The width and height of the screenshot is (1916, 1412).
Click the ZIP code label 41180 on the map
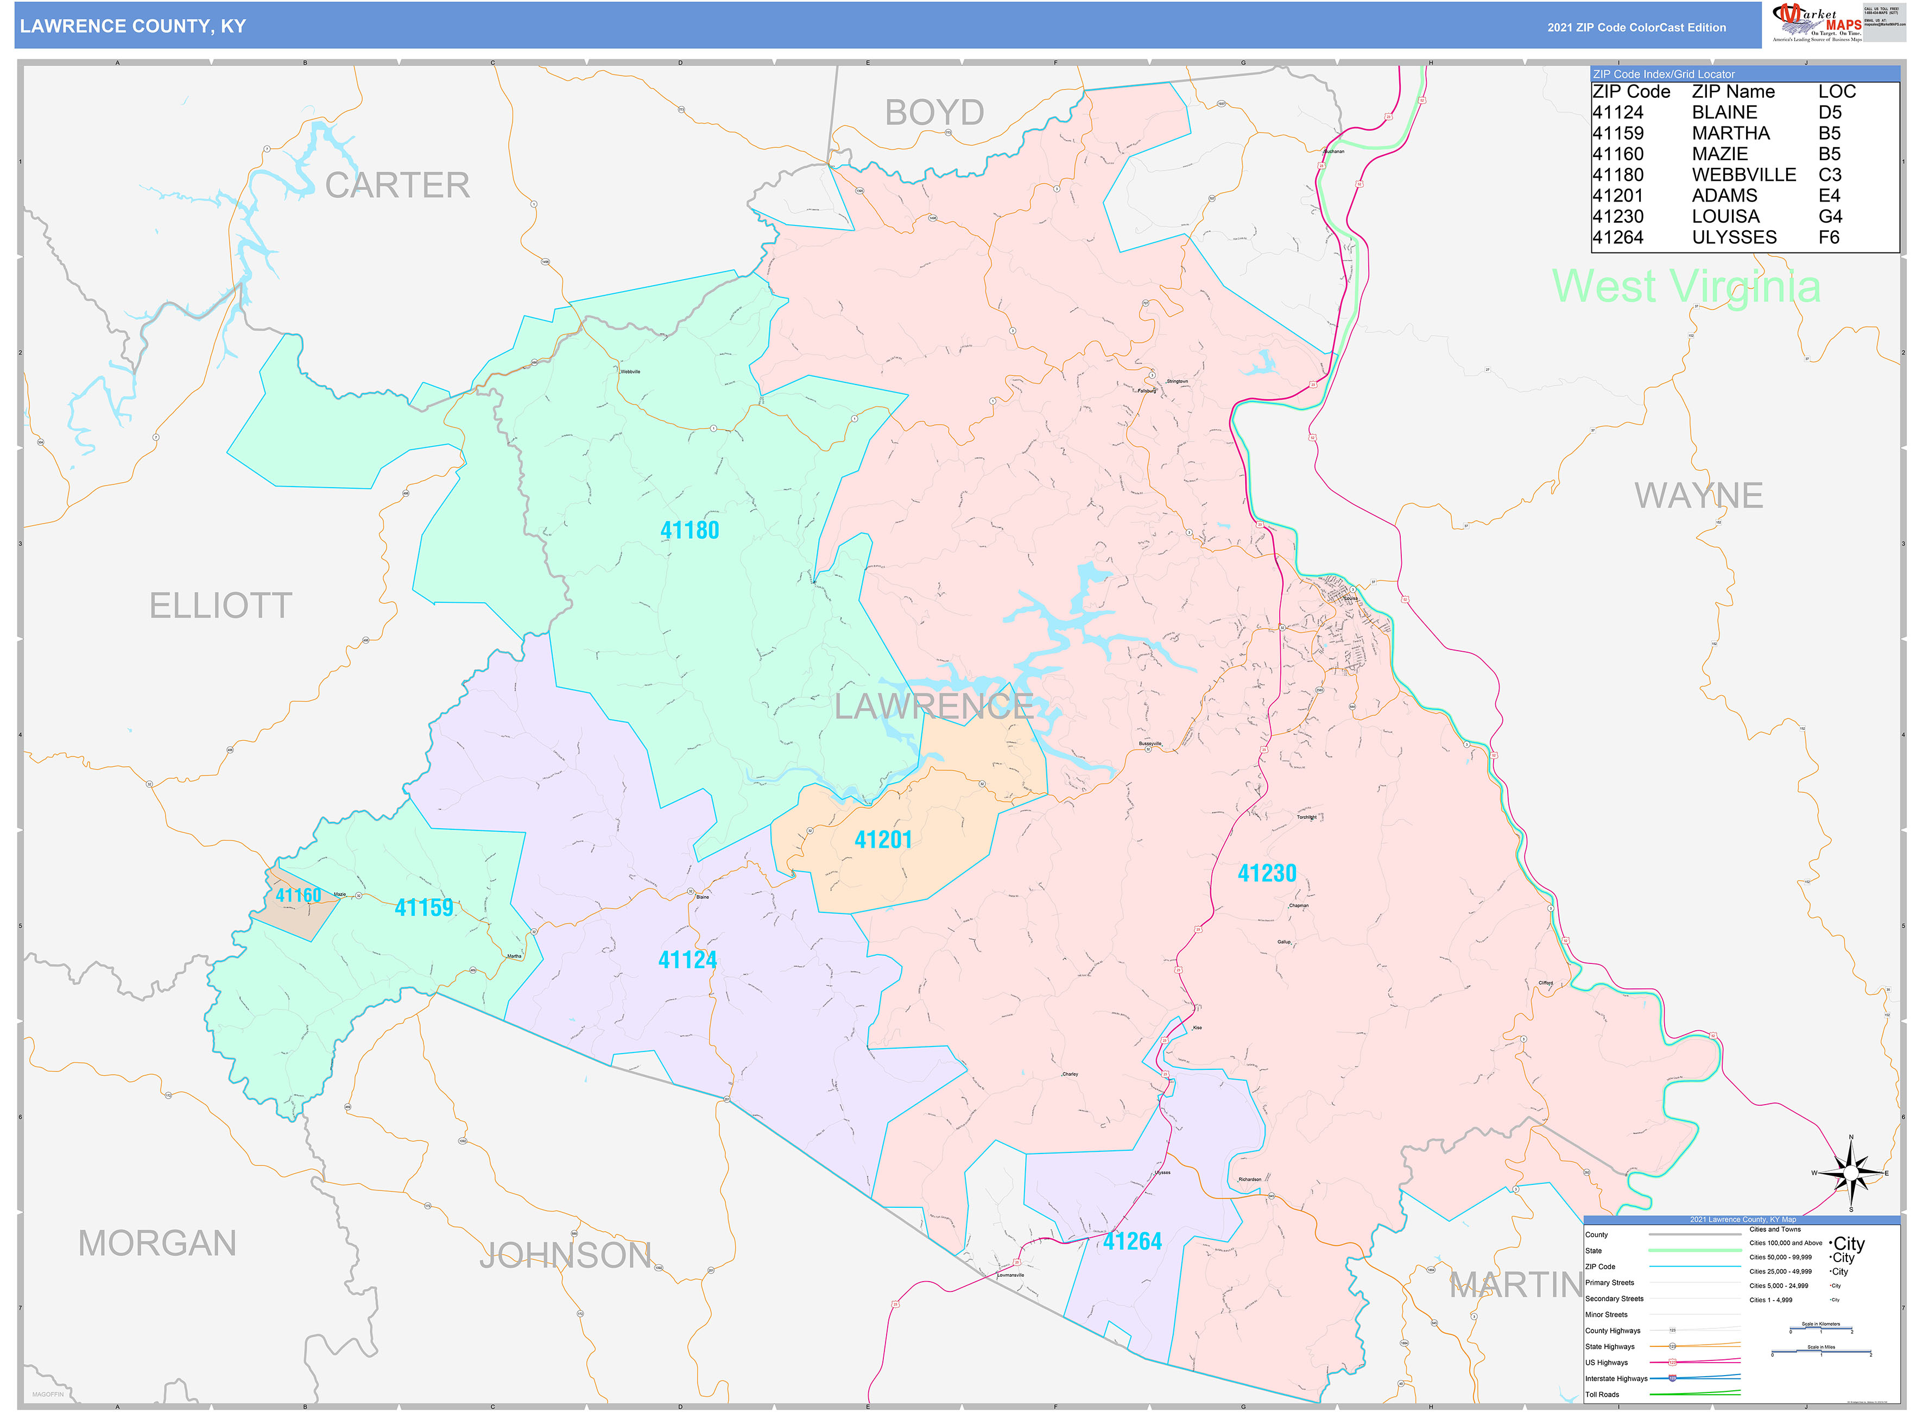689,531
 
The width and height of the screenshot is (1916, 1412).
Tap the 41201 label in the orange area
883,840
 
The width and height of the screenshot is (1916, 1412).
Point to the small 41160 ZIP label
298,895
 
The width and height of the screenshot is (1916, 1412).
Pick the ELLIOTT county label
220,606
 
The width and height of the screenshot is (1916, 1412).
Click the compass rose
1850,1172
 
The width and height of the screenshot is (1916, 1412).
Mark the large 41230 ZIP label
1267,873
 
